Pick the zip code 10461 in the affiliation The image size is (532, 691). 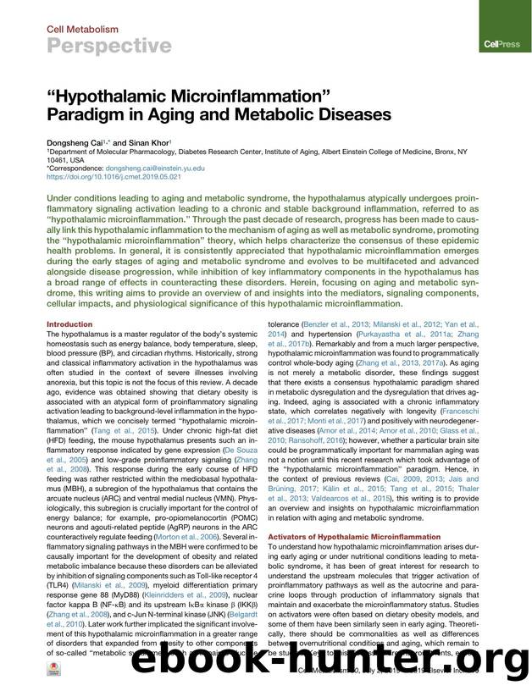(x=58, y=160)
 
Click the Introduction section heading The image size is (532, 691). (x=69, y=323)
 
